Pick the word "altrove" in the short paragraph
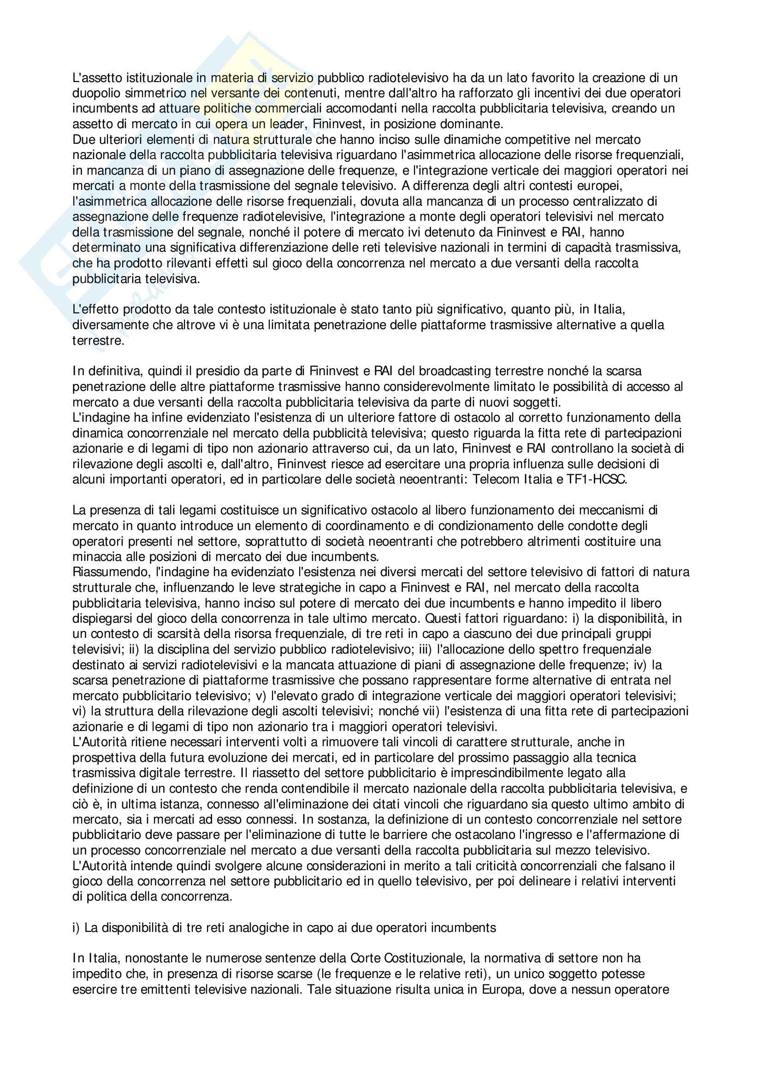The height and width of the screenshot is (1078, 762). [183, 325]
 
